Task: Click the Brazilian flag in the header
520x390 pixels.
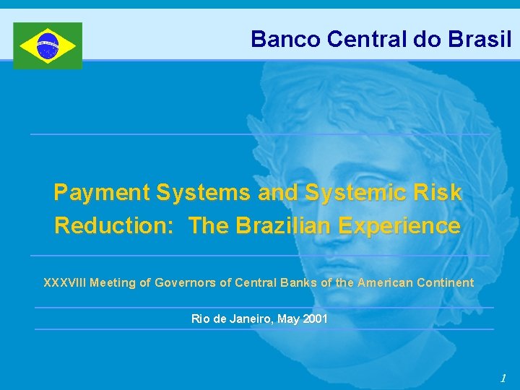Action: [x=48, y=45]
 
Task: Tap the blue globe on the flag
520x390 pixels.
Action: [x=48, y=45]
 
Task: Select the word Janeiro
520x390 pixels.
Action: [x=245, y=318]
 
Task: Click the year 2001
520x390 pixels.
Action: [x=315, y=318]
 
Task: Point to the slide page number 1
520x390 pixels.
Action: [x=503, y=378]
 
